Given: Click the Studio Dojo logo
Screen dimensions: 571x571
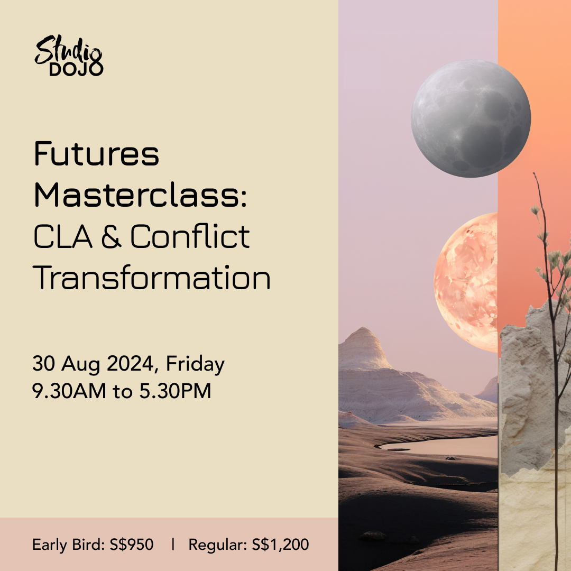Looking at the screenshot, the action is pos(69,56).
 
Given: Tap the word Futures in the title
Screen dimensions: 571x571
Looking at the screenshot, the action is pos(97,154).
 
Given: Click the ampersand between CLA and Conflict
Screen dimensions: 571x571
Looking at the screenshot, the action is pos(111,236).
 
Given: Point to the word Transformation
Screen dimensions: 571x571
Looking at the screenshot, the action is pos(152,278).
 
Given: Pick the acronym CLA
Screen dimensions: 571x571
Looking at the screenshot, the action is pos(62,237).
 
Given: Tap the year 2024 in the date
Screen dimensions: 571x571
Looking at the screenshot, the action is pos(130,363).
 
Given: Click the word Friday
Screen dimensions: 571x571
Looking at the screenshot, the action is pos(195,364).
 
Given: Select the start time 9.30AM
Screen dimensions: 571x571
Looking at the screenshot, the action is pos(69,391).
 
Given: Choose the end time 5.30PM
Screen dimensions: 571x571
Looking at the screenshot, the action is pos(175,391).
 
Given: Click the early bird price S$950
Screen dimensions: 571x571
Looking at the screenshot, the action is pos(132,545).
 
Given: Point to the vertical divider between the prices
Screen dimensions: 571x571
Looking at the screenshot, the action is pos(173,545).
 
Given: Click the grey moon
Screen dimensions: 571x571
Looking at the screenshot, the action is pos(471,119).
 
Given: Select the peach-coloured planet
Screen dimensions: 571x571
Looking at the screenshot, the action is pos(466,282).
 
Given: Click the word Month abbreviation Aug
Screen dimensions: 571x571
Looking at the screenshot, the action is pos(80,365).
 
